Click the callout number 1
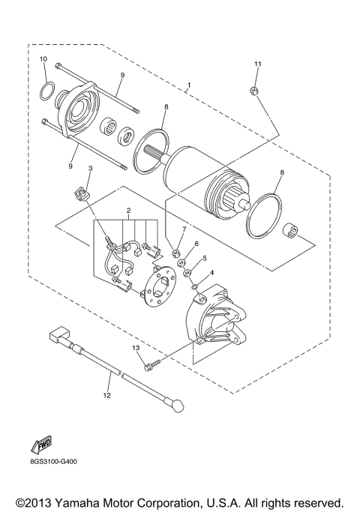pos(189,86)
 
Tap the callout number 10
pos(43,59)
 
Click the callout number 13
pos(136,349)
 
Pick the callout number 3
pos(91,169)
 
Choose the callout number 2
pos(128,212)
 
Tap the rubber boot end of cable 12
pos(178,406)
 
